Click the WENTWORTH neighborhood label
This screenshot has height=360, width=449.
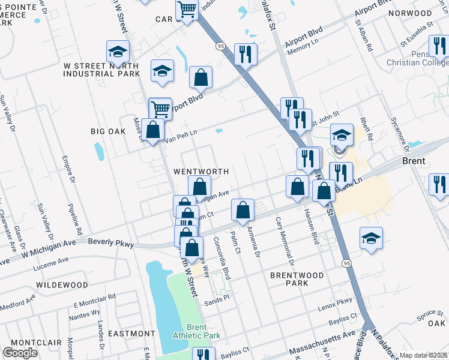[201, 171]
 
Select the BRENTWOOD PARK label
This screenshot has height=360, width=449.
[297, 279]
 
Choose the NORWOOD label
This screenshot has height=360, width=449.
[410, 13]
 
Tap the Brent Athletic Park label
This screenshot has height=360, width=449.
[196, 331]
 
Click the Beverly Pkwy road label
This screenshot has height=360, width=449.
[110, 242]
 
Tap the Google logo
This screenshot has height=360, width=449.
[20, 353]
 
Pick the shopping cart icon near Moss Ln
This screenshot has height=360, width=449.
[160, 109]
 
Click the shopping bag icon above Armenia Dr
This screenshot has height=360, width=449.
[243, 210]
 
